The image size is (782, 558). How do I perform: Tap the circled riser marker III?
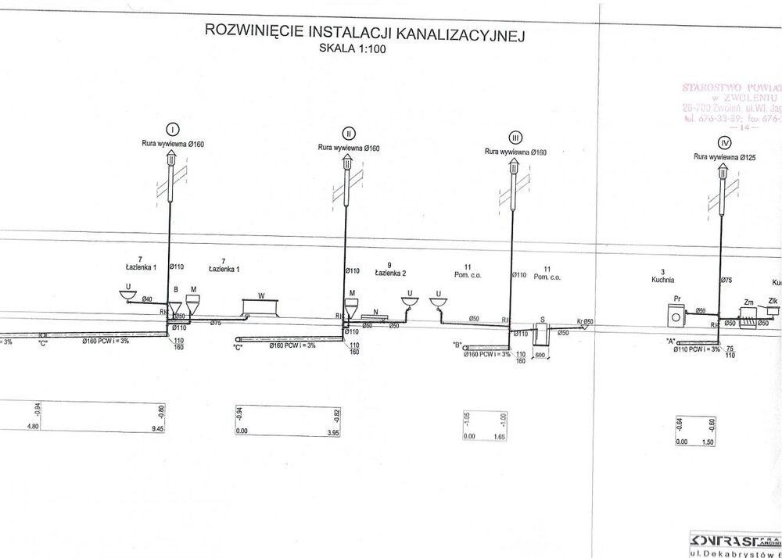pyautogui.click(x=515, y=136)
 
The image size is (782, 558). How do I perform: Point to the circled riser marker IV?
pyautogui.click(x=726, y=142)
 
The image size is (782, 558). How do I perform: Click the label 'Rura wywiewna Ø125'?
pyautogui.click(x=723, y=157)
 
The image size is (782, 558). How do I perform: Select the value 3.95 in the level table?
pyautogui.click(x=334, y=430)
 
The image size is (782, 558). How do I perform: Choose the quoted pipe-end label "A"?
pyautogui.click(x=669, y=342)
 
